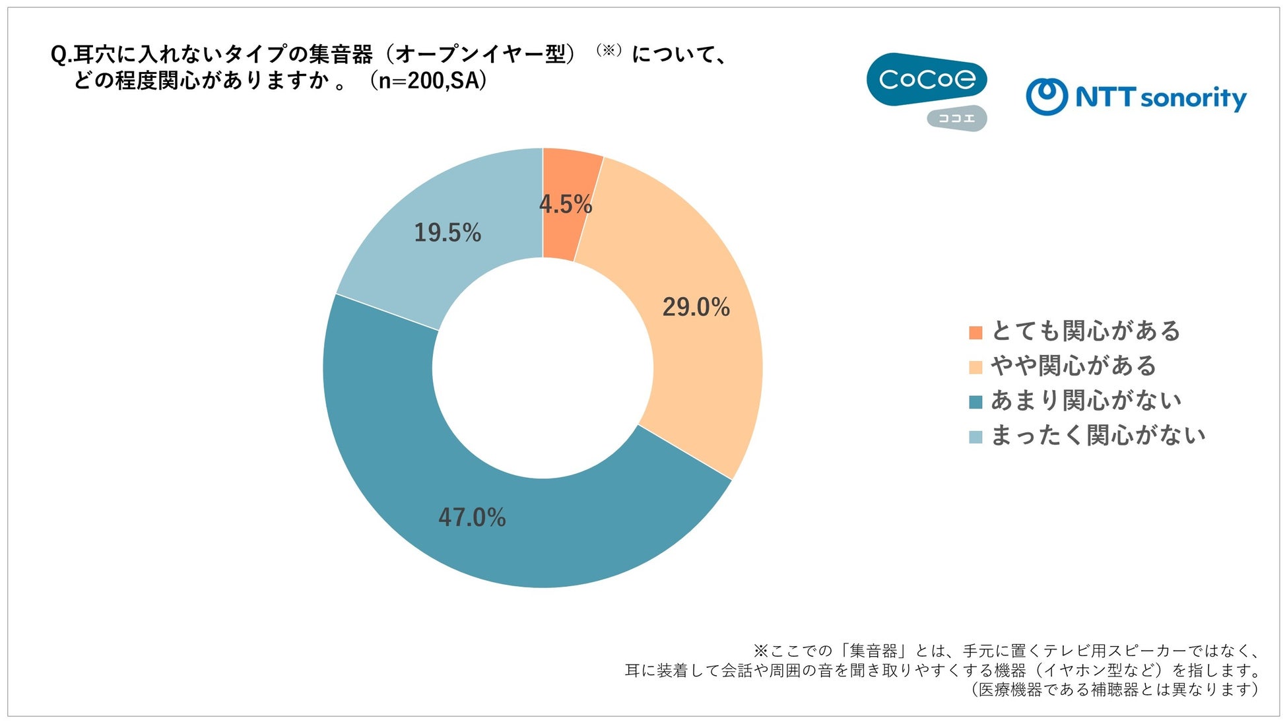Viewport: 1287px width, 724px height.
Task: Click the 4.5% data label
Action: pos(566,204)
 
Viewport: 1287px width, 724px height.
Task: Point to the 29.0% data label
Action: pos(696,307)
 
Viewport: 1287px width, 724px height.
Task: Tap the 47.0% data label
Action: pos(472,517)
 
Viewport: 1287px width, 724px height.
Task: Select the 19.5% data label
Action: pos(447,232)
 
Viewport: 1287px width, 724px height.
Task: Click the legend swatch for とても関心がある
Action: pos(975,333)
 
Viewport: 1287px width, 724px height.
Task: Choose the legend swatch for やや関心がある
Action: pos(975,368)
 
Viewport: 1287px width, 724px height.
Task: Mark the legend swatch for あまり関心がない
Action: pos(975,402)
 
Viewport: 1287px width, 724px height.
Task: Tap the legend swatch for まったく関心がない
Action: pos(975,437)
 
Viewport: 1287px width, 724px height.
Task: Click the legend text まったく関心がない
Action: pos(1099,436)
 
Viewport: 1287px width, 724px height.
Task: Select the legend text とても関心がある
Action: pos(1086,331)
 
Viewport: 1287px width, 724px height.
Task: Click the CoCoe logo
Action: pos(927,80)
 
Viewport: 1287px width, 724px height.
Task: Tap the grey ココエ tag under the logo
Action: pos(957,119)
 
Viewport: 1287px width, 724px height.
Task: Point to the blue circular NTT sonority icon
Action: pos(1047,96)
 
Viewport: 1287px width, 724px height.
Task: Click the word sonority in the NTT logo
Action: pos(1193,99)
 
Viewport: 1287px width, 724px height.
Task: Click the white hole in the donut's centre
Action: pos(543,368)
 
